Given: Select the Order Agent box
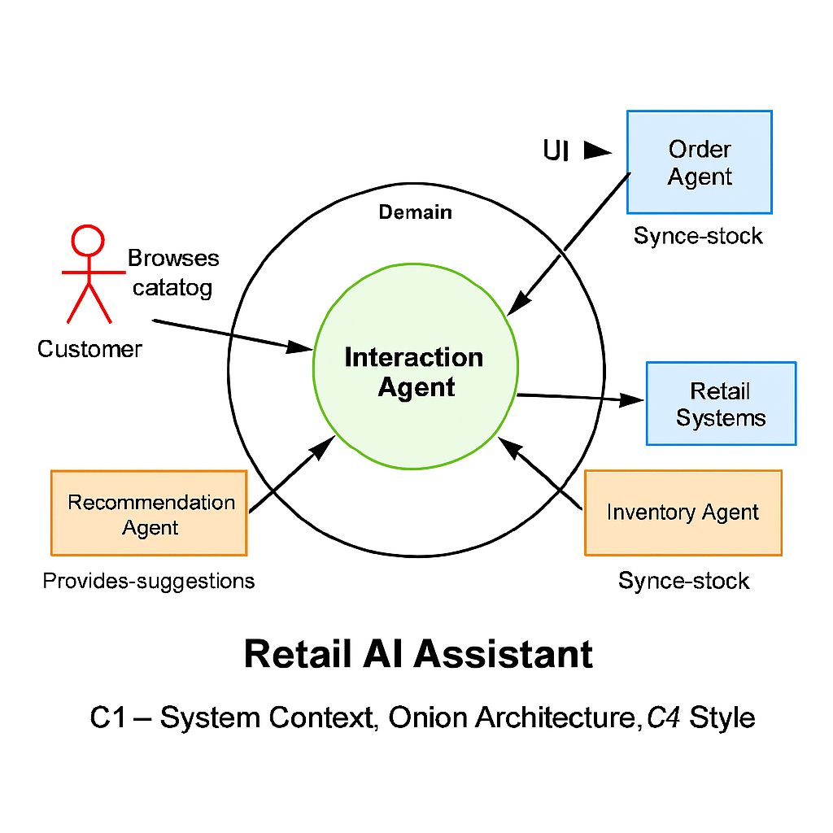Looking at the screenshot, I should [699, 163].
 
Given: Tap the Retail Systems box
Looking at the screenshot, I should [721, 404].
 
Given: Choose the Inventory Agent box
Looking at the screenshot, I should [683, 512].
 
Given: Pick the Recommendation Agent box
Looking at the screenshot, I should [149, 513].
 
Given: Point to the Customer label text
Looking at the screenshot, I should [89, 350].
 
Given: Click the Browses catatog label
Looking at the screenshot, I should [173, 273].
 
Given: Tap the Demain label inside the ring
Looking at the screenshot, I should [415, 212].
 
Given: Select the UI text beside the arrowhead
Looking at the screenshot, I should [556, 150].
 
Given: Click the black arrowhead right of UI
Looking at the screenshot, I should [598, 150].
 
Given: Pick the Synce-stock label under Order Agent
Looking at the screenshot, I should [698, 237].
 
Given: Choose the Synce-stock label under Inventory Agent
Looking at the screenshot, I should [683, 581].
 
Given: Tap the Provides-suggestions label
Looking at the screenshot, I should [148, 581].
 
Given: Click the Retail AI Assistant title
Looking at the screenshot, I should [418, 654].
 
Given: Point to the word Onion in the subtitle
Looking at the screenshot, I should [428, 717].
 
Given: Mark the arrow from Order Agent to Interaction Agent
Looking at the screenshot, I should [569, 244].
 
